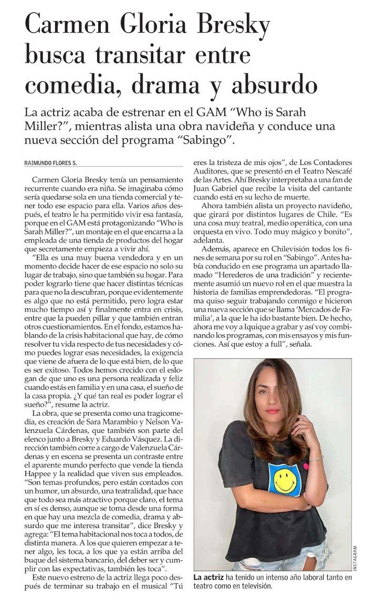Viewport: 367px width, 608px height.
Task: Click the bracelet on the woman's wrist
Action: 314,458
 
